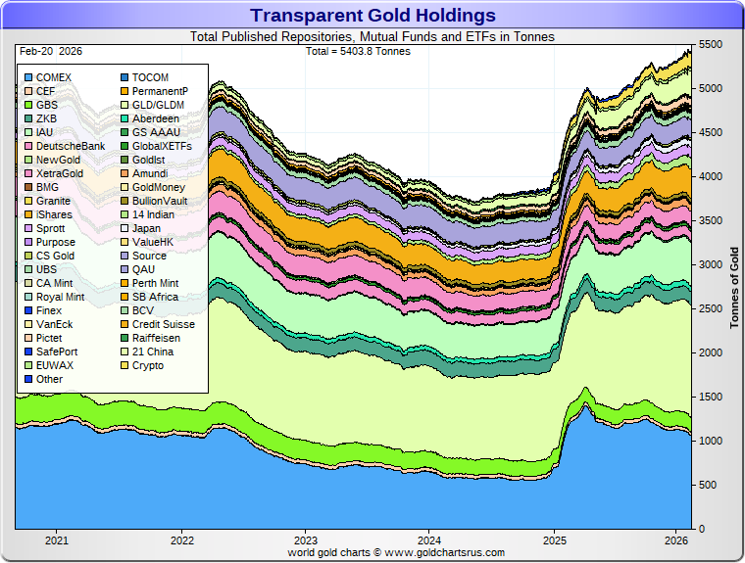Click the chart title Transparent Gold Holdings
[x=372, y=15]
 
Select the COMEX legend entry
[x=53, y=77]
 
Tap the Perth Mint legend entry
[x=155, y=283]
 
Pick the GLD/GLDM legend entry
[x=161, y=105]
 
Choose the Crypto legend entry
[x=148, y=365]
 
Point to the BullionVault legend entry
[x=162, y=201]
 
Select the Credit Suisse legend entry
[x=163, y=324]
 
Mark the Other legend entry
[x=49, y=379]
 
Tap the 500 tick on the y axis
[x=707, y=486]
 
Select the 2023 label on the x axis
[x=306, y=540]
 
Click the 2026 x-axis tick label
[x=676, y=540]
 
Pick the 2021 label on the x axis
[x=57, y=540]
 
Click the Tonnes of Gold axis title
[x=734, y=289]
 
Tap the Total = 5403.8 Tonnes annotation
[x=358, y=51]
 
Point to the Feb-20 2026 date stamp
[x=50, y=51]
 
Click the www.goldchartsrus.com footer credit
[x=396, y=552]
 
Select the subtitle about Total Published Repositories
[x=372, y=37]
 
